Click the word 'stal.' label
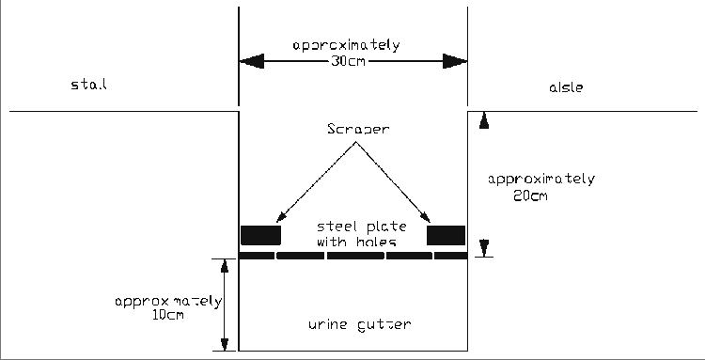click(90, 86)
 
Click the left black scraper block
click(261, 235)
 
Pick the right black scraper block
click(446, 235)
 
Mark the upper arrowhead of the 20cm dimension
click(484, 118)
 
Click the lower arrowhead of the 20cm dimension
click(484, 249)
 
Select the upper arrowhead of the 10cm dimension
click(224, 265)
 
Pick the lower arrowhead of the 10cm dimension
click(224, 344)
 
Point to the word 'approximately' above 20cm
click(537, 179)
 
